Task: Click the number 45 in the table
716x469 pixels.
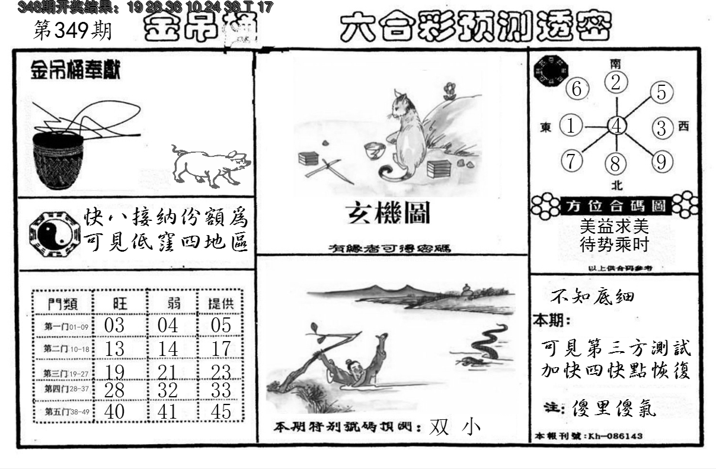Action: coord(220,412)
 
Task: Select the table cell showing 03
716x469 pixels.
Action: coord(114,325)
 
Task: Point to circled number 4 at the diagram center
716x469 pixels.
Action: coord(617,126)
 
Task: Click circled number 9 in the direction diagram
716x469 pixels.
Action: coord(661,160)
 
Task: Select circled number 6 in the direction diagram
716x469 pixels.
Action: coord(576,90)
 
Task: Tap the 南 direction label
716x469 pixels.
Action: coord(616,63)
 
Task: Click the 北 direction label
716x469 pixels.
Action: coord(617,185)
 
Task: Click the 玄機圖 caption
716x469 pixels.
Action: coord(388,214)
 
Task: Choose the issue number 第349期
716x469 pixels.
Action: coord(72,31)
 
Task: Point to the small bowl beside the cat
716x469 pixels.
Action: coord(375,151)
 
